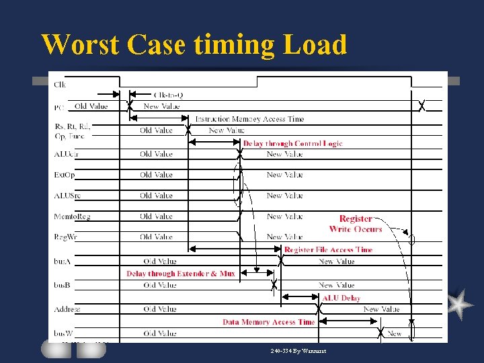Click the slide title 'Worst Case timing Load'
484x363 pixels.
(x=194, y=45)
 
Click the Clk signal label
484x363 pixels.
(x=60, y=84)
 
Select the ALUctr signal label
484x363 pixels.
(x=66, y=154)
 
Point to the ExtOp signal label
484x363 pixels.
(x=65, y=175)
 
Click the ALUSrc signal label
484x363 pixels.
(x=66, y=196)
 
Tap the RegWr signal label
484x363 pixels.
(x=65, y=237)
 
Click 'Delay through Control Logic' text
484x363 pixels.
(x=292, y=143)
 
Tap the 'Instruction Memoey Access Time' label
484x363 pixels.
(x=249, y=119)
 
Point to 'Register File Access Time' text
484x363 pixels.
(x=328, y=250)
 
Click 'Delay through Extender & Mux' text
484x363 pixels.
(x=181, y=274)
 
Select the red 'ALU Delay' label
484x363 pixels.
(x=341, y=298)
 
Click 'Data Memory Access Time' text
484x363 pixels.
(x=268, y=322)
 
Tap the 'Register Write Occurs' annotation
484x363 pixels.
(x=356, y=224)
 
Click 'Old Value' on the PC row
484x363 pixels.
(x=91, y=106)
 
